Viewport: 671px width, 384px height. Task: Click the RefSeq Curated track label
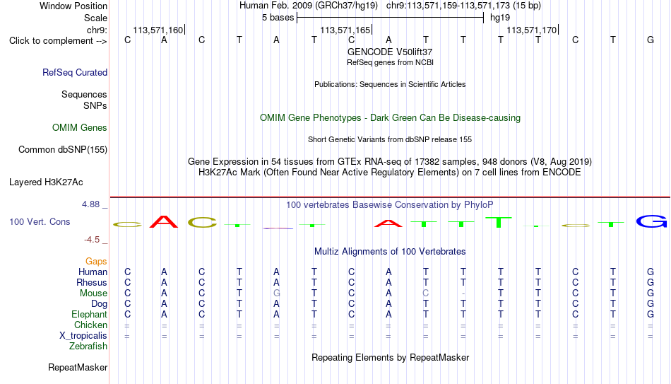click(x=75, y=72)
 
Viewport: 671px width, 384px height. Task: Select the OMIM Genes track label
click(x=80, y=128)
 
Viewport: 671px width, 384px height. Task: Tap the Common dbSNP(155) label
click(x=63, y=150)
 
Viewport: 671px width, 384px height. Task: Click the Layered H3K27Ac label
click(x=46, y=182)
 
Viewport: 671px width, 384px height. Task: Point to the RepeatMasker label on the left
click(x=78, y=367)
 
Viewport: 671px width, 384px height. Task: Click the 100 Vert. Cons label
click(x=40, y=221)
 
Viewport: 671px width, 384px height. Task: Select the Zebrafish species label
click(x=88, y=346)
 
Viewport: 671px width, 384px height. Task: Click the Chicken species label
click(x=90, y=325)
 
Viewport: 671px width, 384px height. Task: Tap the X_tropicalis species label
click(x=83, y=336)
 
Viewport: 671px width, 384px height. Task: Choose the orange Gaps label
click(x=96, y=262)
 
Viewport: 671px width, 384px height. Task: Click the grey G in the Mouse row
click(x=276, y=293)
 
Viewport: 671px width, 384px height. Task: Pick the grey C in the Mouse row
click(x=425, y=293)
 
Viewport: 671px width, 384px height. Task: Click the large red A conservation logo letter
click(x=164, y=221)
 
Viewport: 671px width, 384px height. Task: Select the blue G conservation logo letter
click(x=651, y=221)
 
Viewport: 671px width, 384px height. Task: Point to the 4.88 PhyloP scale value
click(x=90, y=204)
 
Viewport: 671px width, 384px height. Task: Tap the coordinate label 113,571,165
click(x=345, y=30)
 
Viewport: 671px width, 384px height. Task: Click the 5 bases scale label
click(x=278, y=18)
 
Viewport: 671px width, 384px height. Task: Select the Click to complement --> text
click(x=58, y=41)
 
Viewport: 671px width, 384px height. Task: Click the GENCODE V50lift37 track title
click(x=390, y=52)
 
